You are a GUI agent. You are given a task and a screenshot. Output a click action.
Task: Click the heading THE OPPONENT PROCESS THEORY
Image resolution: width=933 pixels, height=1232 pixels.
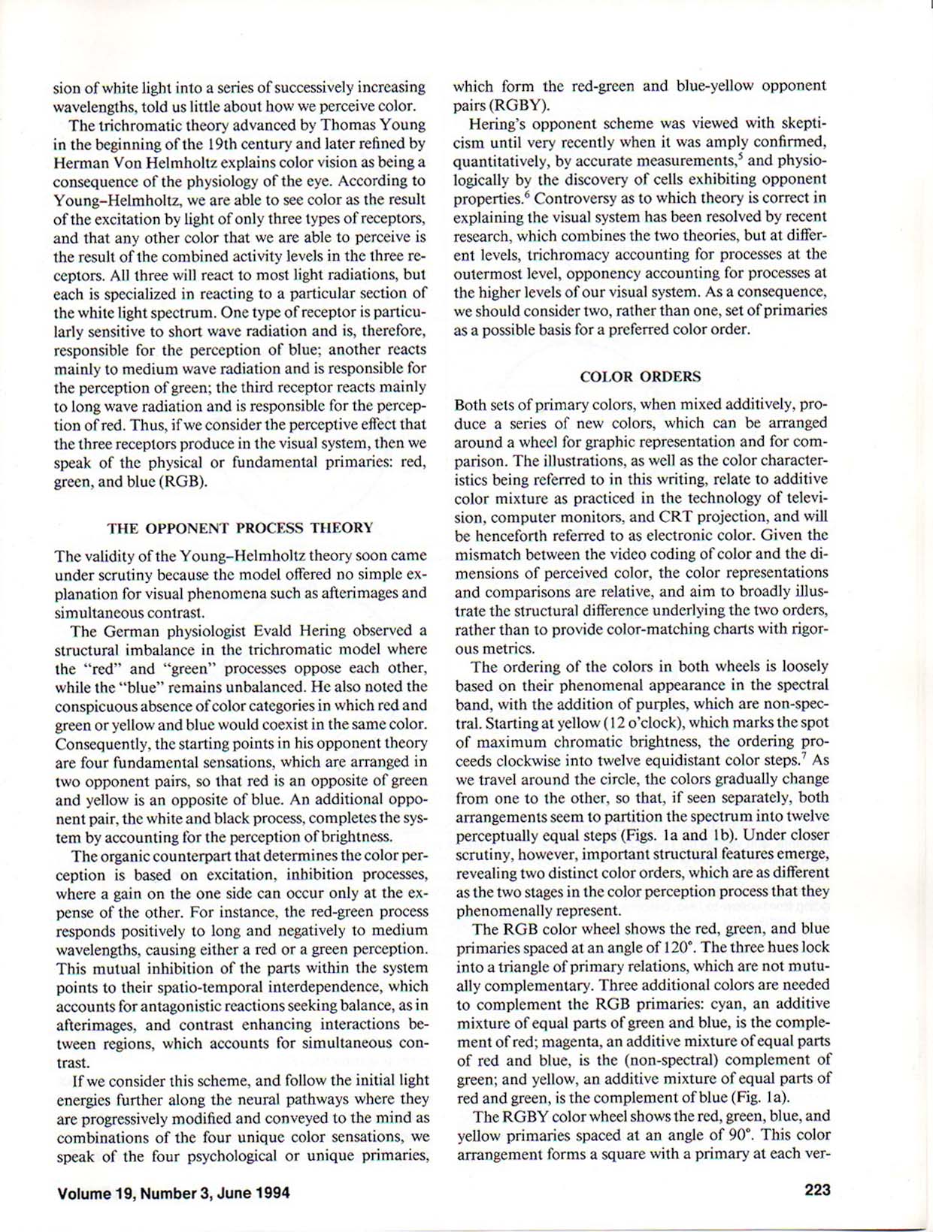240,527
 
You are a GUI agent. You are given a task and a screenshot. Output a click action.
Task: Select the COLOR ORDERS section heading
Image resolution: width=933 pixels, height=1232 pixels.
640,376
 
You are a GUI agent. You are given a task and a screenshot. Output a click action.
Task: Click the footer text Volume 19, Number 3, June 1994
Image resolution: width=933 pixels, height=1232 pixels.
174,1192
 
